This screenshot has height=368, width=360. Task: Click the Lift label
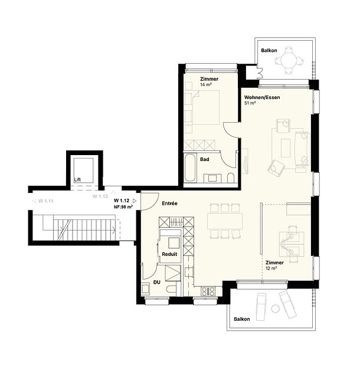click(x=77, y=179)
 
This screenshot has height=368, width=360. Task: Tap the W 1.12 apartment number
click(x=122, y=201)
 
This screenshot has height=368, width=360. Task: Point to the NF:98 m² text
click(x=123, y=207)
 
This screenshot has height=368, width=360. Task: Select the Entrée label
click(x=169, y=203)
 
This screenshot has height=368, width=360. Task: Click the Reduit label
click(x=169, y=254)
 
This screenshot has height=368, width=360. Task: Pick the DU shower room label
click(x=157, y=282)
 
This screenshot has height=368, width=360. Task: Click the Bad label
click(x=205, y=159)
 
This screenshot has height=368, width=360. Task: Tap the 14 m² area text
click(x=206, y=84)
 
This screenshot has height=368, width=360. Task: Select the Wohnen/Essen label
click(x=262, y=97)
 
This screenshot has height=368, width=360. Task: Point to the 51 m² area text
click(x=250, y=103)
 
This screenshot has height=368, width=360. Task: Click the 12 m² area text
click(x=271, y=268)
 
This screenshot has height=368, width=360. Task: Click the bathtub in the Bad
click(x=190, y=168)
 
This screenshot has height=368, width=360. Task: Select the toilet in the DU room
click(x=172, y=289)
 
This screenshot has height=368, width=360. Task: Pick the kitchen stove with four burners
click(x=208, y=291)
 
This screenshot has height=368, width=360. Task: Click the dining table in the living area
click(x=225, y=221)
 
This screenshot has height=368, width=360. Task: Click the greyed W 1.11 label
click(x=46, y=201)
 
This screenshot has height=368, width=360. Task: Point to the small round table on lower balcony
click(x=275, y=308)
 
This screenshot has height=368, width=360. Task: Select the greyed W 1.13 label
click(x=100, y=196)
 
